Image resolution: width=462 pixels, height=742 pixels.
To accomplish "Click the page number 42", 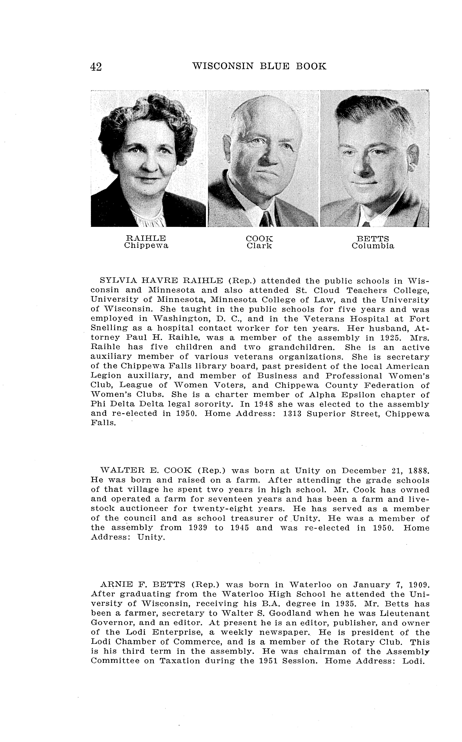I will (x=96, y=67).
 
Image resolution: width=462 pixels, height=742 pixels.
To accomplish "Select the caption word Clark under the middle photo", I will (x=259, y=246).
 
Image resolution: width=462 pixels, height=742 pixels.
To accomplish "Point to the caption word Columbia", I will (x=373, y=246).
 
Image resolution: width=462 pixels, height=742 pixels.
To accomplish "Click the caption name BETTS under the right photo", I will (x=373, y=239).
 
